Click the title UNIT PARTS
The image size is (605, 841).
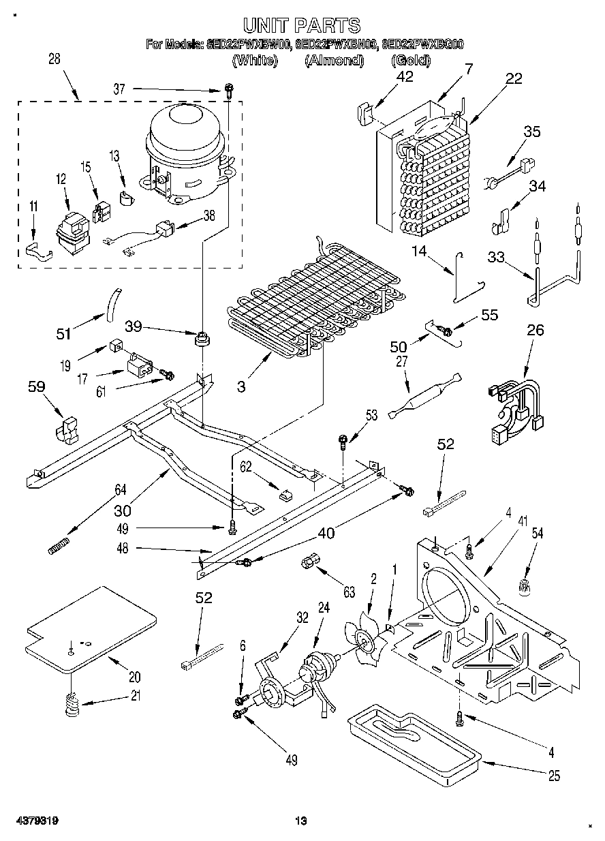(x=302, y=26)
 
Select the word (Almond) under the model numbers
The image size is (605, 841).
(x=334, y=61)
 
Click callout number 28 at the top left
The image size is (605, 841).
(x=54, y=59)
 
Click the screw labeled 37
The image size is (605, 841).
(x=230, y=89)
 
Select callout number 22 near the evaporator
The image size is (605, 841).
(x=514, y=78)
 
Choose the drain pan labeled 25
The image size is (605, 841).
(x=413, y=739)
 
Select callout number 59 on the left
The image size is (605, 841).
(x=36, y=387)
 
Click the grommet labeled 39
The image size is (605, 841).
(x=202, y=337)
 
